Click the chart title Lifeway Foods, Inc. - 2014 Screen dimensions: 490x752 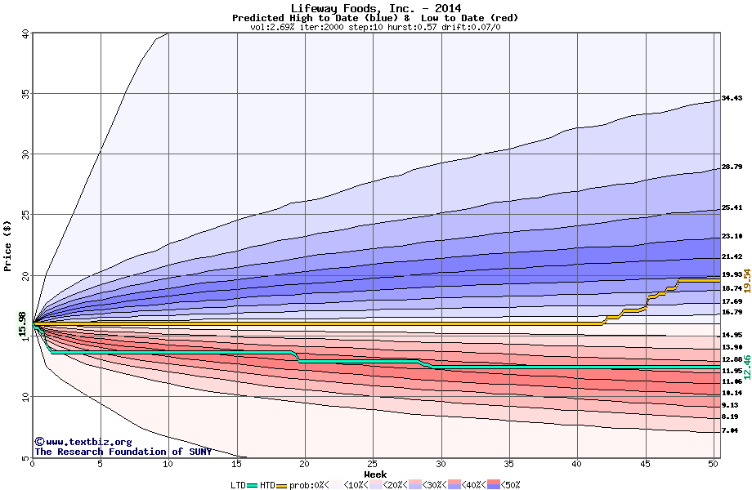(375, 8)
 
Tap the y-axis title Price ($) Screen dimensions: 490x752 (9, 245)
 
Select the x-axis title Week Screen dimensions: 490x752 (375, 474)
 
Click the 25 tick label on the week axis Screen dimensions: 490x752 (373, 465)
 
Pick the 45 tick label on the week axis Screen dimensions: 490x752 (645, 465)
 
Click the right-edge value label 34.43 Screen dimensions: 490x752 (732, 99)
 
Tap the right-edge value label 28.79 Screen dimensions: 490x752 (732, 167)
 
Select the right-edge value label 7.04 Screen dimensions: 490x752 (730, 430)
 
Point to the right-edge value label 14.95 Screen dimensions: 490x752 (732, 335)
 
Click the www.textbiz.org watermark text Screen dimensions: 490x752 (77, 442)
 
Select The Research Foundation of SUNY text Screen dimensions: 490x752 (123, 452)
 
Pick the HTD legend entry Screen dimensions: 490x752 (268, 484)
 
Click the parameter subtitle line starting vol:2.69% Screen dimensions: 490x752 (375, 28)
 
